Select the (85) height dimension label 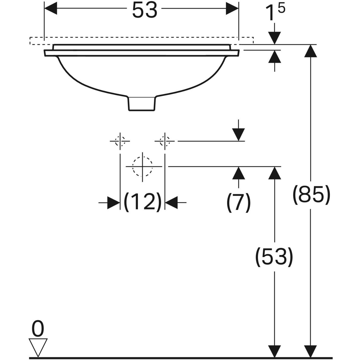coord(311,194)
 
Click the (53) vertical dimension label coord(274,257)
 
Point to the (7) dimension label coord(238,202)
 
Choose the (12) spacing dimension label coord(142,202)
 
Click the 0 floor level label coord(38,329)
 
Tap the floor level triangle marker coord(38,346)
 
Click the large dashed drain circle coord(142,166)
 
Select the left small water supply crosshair coord(120,141)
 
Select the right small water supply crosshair coord(164,141)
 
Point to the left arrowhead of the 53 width coord(51,9)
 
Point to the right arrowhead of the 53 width coord(232,9)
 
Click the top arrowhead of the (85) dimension coord(310,51)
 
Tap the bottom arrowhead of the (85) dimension coord(310,351)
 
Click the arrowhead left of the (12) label coord(114,202)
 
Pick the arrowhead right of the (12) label coord(171,202)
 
